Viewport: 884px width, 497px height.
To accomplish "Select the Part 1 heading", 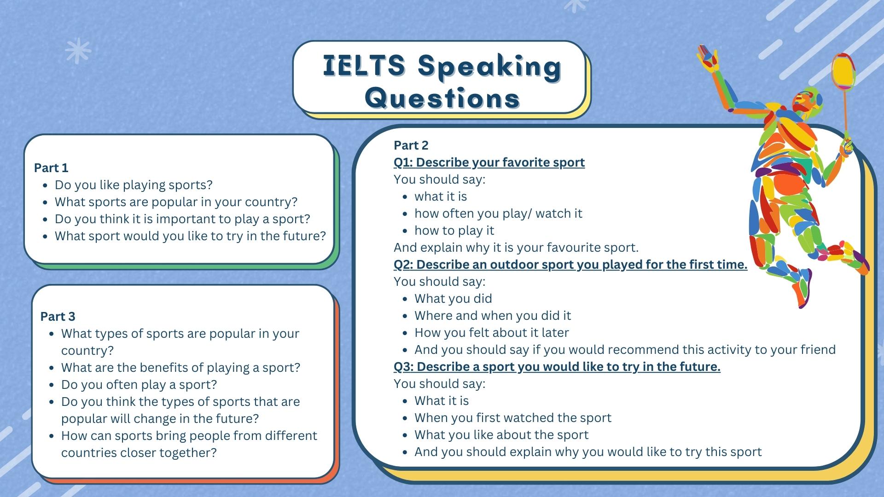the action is (51, 168).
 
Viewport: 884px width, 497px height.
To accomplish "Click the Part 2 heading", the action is (411, 145).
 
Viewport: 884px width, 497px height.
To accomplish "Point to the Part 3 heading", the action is (58, 317).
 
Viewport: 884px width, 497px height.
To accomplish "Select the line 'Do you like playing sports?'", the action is (134, 185).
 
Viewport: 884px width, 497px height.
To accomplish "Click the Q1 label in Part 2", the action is (403, 162).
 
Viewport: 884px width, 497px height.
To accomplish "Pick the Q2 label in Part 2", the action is (403, 265).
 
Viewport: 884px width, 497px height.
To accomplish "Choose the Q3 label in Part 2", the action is (403, 367).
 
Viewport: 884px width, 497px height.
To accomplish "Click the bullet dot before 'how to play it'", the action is (405, 231).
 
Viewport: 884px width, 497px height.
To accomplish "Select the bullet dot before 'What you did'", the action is (405, 299).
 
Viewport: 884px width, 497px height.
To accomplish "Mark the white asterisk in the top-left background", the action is (78, 50).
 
